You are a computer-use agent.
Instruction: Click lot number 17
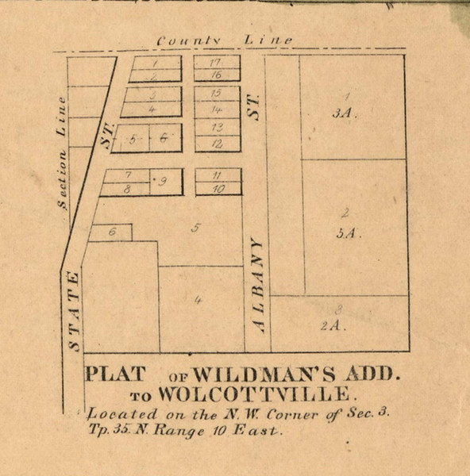click(215, 62)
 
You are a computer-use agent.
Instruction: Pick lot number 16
click(215, 75)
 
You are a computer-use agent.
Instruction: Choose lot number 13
click(217, 127)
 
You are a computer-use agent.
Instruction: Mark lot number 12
click(217, 144)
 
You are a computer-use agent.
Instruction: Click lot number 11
click(216, 175)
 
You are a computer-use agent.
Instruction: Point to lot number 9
click(163, 182)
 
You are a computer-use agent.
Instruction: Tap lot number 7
click(128, 175)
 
